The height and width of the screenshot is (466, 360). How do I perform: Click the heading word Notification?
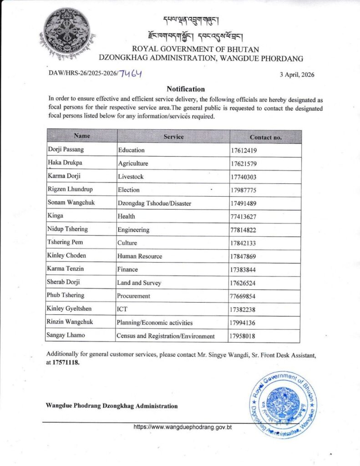186,89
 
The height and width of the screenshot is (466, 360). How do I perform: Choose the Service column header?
173,137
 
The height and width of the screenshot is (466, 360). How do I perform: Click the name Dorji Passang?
66,150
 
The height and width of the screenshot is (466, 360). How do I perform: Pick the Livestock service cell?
131,177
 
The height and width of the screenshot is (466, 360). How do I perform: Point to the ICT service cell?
123,309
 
